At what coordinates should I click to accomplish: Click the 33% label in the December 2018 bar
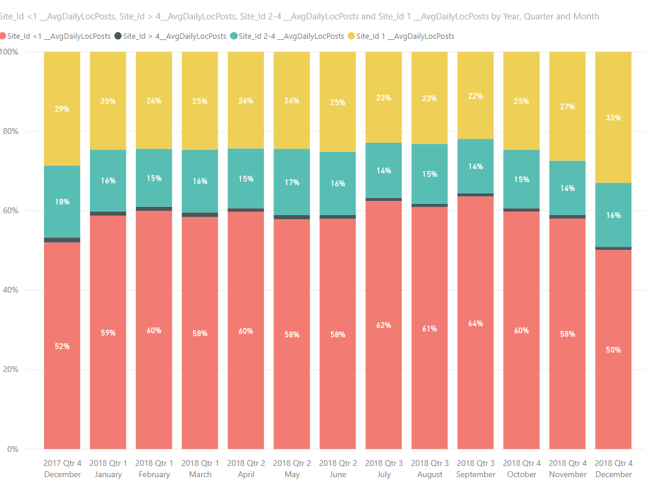point(613,118)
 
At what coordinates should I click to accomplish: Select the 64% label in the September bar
point(475,324)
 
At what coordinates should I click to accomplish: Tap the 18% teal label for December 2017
point(62,202)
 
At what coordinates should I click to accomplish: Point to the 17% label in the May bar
point(292,182)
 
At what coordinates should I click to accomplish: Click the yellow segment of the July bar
point(383,97)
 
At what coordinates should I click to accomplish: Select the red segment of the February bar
point(154,330)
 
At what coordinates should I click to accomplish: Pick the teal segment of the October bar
point(521,179)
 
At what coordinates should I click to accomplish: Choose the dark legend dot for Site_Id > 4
point(118,36)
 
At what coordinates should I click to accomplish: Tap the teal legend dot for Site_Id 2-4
point(233,36)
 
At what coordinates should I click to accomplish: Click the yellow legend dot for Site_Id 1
point(351,36)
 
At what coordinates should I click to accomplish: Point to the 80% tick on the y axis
point(11,131)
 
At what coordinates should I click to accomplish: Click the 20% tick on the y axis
point(11,369)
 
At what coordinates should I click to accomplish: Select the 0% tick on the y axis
point(13,449)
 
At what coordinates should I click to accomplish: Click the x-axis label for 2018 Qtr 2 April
point(246,469)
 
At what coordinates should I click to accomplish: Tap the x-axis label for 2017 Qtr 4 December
point(62,469)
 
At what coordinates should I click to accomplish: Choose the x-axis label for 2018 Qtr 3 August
point(430,469)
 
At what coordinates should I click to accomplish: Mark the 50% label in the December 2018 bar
point(613,350)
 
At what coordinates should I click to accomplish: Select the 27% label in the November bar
point(567,106)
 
